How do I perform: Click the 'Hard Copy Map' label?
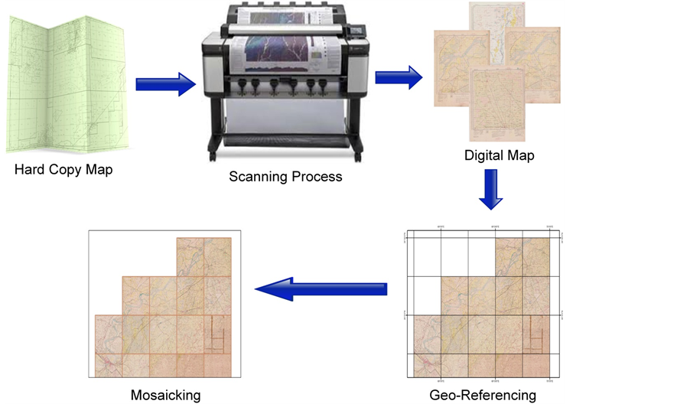pos(63,170)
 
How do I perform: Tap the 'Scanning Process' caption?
pos(285,177)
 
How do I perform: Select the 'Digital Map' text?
pos(499,155)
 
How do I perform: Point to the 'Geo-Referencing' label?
pos(483,396)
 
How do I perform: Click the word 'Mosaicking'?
pos(165,396)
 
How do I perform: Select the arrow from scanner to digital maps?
pos(398,77)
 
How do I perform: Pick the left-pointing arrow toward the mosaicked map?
pos(321,289)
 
